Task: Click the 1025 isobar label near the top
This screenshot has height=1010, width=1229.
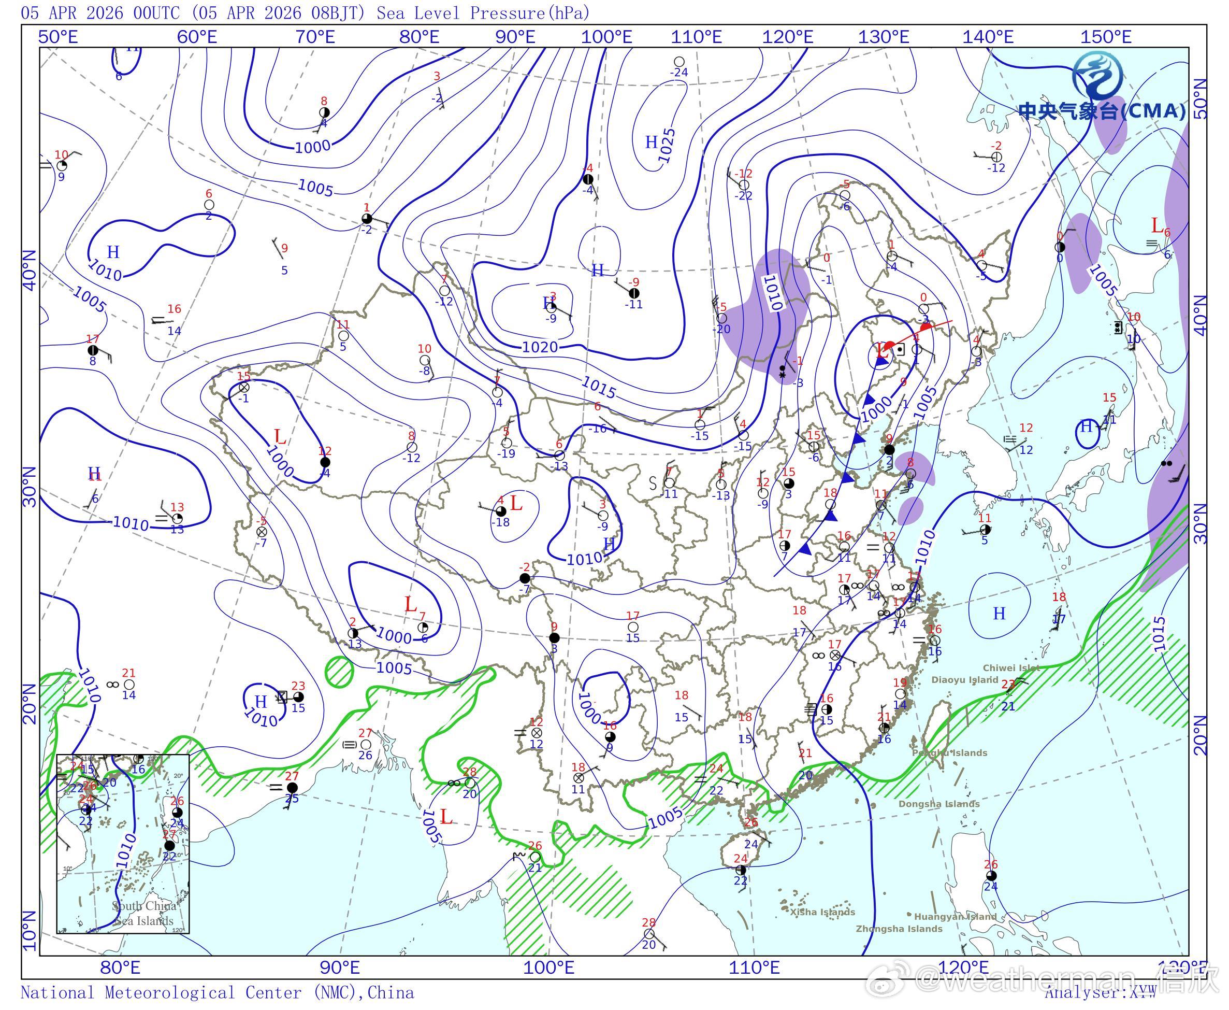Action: [668, 145]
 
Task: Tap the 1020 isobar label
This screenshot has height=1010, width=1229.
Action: [540, 347]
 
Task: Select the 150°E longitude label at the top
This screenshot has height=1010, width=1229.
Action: [1106, 37]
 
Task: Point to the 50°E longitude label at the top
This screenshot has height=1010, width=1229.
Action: [58, 37]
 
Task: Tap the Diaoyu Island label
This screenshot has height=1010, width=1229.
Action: [964, 679]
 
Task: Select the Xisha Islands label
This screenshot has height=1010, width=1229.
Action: [822, 912]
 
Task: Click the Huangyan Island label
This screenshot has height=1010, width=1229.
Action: [955, 917]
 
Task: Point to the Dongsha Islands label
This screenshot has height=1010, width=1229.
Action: [939, 804]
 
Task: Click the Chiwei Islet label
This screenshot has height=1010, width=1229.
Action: [1011, 668]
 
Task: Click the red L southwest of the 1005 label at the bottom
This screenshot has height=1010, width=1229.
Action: [446, 817]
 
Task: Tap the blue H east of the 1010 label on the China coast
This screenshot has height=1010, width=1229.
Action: [999, 613]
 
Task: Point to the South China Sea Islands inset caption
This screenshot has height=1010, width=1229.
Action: [143, 914]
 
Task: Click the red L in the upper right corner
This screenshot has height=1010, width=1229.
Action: [1157, 225]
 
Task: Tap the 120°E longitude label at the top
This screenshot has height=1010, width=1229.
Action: [788, 37]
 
